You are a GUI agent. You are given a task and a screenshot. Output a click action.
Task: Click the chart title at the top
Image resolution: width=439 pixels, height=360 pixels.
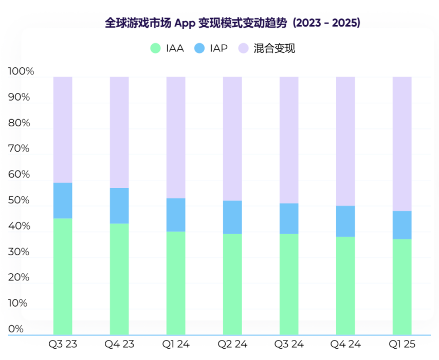click(x=232, y=23)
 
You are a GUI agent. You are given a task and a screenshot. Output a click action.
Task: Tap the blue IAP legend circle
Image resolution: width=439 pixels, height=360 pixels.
click(x=199, y=49)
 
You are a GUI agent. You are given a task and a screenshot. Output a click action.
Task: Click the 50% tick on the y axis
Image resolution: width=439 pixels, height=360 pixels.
click(x=20, y=201)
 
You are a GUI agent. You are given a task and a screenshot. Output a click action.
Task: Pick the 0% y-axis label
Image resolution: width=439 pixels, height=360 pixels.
click(x=16, y=329)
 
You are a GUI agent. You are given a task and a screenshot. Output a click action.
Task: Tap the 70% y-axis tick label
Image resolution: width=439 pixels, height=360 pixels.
click(x=20, y=149)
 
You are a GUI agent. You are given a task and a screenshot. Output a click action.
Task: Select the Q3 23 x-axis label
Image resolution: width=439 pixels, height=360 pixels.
click(x=63, y=344)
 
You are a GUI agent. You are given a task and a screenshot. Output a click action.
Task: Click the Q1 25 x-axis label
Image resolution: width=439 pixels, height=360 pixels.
click(x=401, y=344)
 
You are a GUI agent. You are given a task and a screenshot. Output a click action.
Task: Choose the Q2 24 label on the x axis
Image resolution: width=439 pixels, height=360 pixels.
click(x=232, y=344)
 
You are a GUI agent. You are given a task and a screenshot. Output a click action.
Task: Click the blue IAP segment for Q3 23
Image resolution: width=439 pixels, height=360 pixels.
click(x=63, y=200)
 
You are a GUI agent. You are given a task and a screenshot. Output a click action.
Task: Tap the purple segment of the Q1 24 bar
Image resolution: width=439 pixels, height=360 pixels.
click(x=176, y=137)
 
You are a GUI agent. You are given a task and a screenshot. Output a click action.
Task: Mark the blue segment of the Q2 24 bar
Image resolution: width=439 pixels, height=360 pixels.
click(x=232, y=217)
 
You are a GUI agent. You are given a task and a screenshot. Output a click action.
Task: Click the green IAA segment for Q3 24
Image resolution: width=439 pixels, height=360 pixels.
click(x=289, y=284)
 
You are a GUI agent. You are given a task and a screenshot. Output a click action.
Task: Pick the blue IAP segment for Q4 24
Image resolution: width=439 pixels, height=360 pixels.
click(x=345, y=221)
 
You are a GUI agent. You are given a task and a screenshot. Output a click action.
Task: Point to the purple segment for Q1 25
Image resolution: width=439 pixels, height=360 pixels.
click(x=402, y=144)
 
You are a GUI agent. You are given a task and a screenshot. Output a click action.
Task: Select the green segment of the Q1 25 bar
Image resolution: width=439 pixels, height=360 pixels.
click(x=402, y=287)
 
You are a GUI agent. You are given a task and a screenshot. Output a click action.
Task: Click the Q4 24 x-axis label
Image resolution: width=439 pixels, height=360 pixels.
click(x=345, y=344)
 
